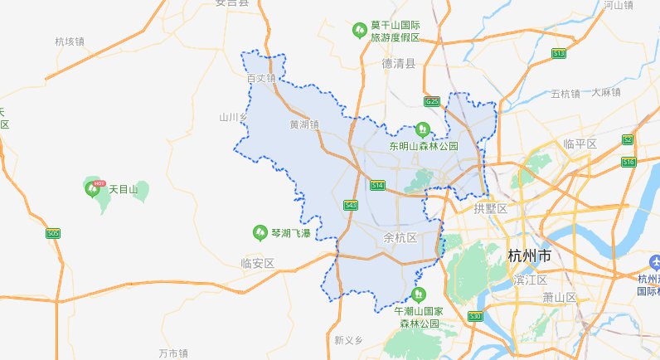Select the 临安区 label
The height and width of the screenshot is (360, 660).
pyautogui.click(x=257, y=263)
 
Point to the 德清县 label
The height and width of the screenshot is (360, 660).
pyautogui.click(x=398, y=63)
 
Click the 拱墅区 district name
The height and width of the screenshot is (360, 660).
pyautogui.click(x=489, y=208)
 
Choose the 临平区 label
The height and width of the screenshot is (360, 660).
pyautogui.click(x=580, y=144)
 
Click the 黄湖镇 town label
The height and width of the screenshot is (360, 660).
pyautogui.click(x=303, y=124)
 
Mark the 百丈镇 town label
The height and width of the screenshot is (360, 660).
pyautogui.click(x=261, y=79)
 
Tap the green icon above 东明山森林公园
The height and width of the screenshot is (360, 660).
pyautogui.click(x=422, y=129)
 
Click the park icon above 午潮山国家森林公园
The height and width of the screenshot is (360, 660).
pyautogui.click(x=419, y=294)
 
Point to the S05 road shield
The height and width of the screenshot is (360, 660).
pyautogui.click(x=53, y=234)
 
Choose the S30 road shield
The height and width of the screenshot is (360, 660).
pyautogui.click(x=475, y=316)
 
